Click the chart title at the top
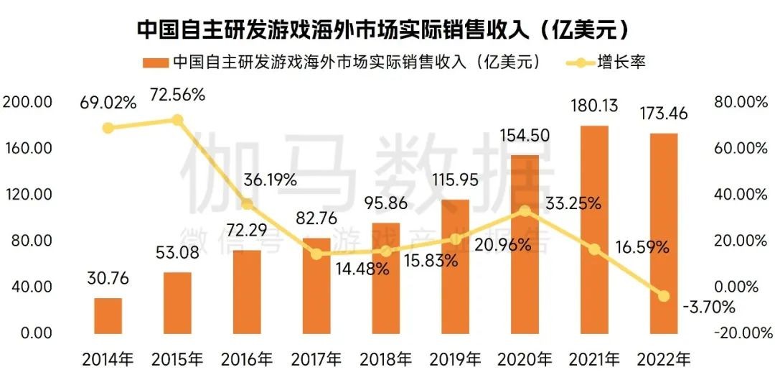click(387, 29)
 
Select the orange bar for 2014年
click(108, 315)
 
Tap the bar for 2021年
click(594, 230)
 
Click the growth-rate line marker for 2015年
click(178, 120)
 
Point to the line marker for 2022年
click(664, 296)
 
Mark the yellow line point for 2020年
click(525, 210)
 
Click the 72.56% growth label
click(177, 94)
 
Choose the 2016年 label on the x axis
click(247, 358)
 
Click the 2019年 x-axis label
click(456, 358)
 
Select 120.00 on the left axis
click(28, 194)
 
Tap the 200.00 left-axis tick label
click(28, 102)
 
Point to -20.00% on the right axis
click(739, 333)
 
